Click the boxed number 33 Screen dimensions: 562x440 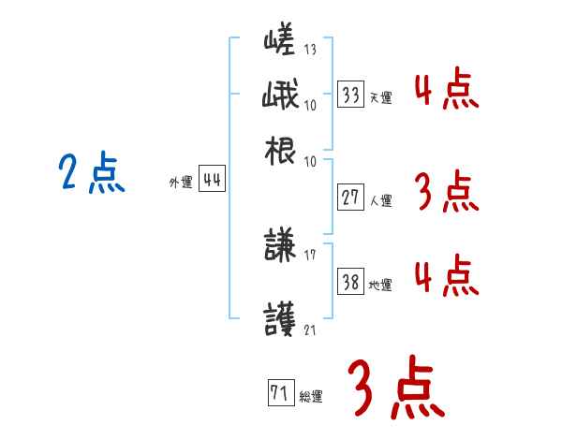click(350, 95)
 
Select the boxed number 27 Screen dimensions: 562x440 click(350, 198)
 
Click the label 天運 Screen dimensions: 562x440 click(380, 97)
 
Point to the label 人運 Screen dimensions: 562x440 click(380, 200)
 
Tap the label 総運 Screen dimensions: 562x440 click(311, 397)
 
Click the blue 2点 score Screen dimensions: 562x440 click(92, 174)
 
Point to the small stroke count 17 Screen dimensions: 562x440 click(311, 255)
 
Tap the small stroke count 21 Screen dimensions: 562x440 click(311, 330)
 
